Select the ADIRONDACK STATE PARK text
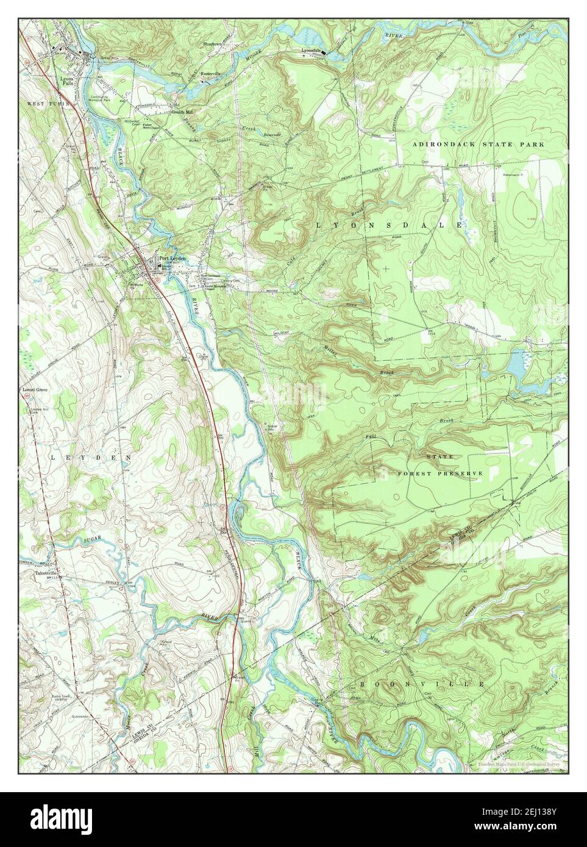(477, 144)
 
